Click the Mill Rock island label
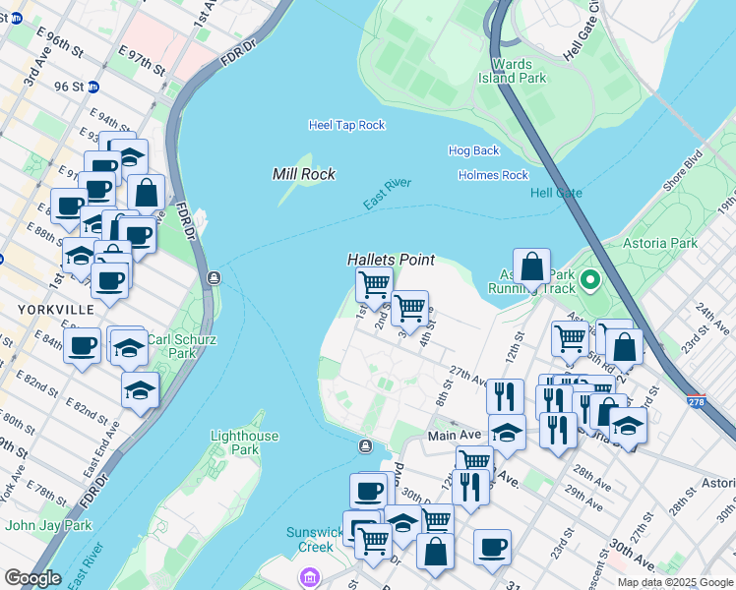click(304, 174)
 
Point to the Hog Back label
click(473, 150)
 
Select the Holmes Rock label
click(493, 175)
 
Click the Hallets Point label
click(390, 260)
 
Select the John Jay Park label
click(48, 525)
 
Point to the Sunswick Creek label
click(313, 540)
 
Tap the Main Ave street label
click(453, 435)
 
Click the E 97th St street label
click(142, 58)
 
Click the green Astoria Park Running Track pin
click(590, 282)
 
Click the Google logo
click(32, 578)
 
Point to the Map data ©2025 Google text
click(674, 582)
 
